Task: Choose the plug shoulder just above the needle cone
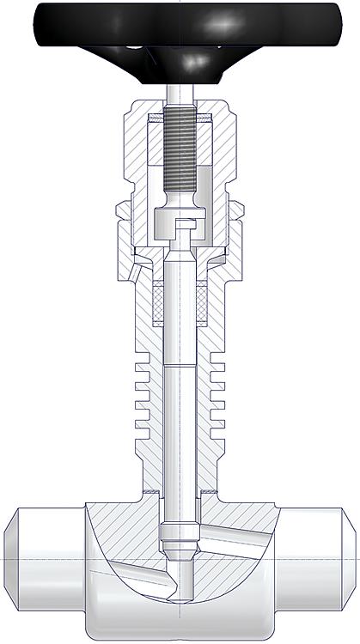coord(179,550)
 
